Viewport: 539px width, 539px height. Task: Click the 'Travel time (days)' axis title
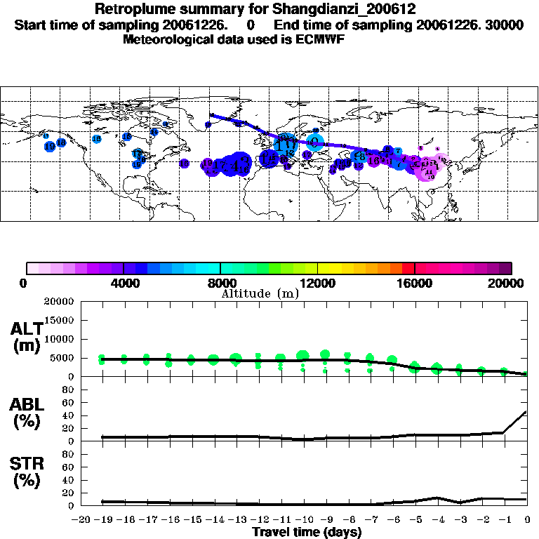(x=307, y=532)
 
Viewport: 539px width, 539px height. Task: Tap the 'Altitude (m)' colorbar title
(x=260, y=294)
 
